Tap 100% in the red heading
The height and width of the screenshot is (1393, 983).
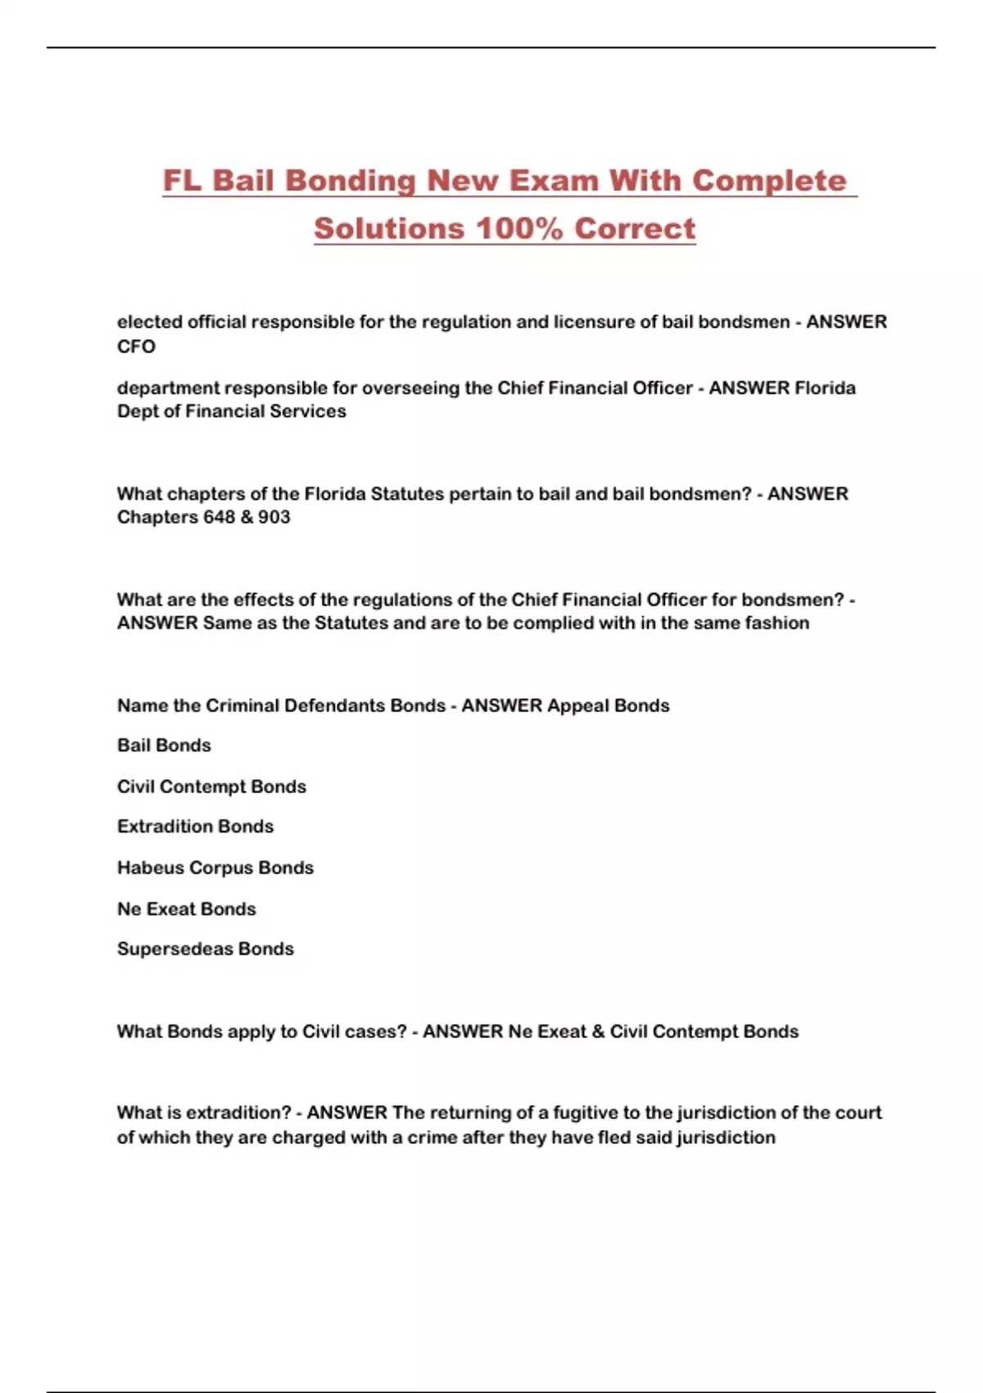tap(520, 229)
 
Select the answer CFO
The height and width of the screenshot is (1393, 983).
tap(136, 347)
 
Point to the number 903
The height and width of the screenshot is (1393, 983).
tap(274, 517)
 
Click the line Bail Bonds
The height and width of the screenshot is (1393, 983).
tap(164, 746)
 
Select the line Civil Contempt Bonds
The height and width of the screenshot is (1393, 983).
tap(211, 787)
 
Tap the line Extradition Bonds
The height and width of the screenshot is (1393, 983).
tap(195, 827)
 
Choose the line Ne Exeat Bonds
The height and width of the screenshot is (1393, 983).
tap(186, 909)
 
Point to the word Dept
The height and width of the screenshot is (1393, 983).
tap(135, 411)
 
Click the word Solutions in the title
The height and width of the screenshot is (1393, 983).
tap(388, 229)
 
